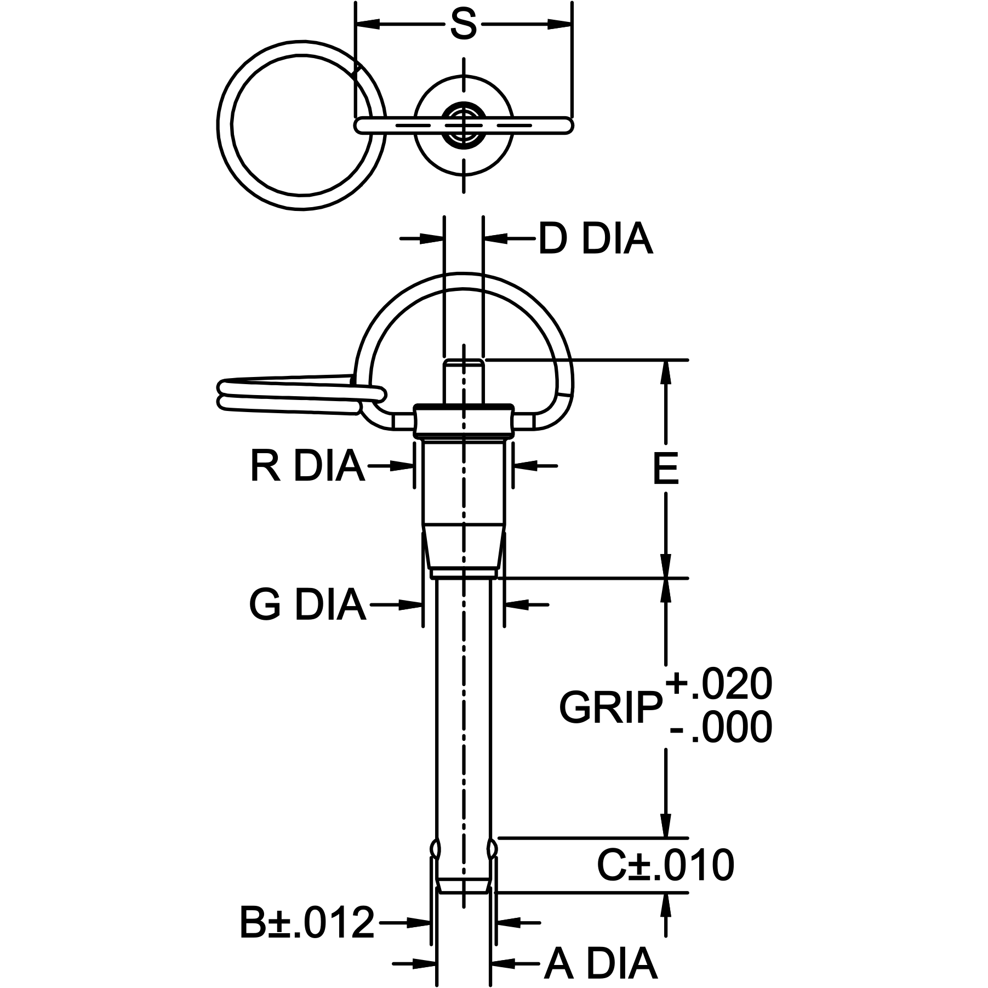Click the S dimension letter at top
pos(463,25)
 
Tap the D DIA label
pos(595,239)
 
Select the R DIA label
pos(307,466)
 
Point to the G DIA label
pos(307,605)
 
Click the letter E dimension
pos(666,470)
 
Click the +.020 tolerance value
pos(719,684)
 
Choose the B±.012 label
pos(307,923)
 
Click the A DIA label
pos(600,963)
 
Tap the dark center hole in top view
pos(464,125)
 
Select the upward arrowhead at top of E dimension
pos(666,373)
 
